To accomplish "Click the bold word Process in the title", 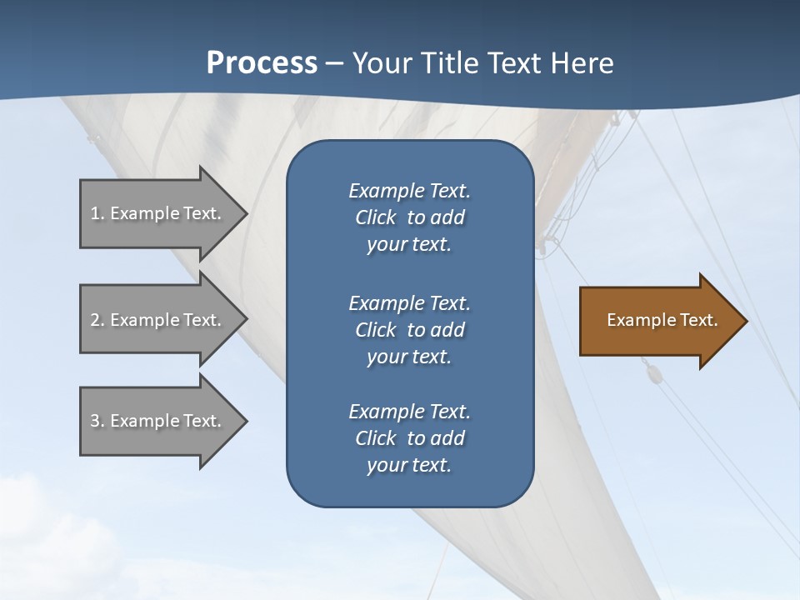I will pyautogui.click(x=262, y=63).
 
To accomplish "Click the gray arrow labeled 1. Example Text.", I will pyautogui.click(x=158, y=213).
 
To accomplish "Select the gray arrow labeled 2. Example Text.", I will pyautogui.click(x=158, y=320).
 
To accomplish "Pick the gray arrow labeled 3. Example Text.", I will pyautogui.click(x=158, y=421).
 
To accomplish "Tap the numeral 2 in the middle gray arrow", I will pyautogui.click(x=95, y=320).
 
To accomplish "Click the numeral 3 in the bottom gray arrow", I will pyautogui.click(x=95, y=421).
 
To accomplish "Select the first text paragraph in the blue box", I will pyautogui.click(x=409, y=217).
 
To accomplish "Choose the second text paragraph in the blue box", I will pyautogui.click(x=409, y=329).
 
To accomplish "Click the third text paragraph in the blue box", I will pyautogui.click(x=409, y=438).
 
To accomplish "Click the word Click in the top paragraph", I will pyautogui.click(x=375, y=217).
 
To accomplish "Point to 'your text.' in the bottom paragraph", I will pyautogui.click(x=409, y=466).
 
